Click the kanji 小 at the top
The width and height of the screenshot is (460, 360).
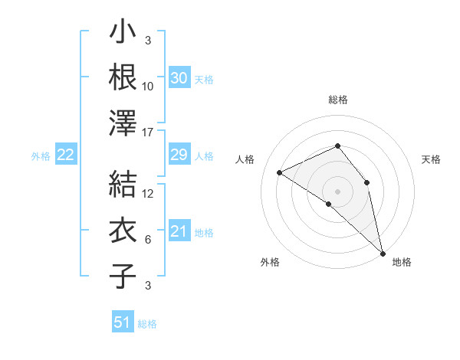[123, 33]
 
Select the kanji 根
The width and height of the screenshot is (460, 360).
[123, 77]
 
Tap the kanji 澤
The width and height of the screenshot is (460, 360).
[123, 123]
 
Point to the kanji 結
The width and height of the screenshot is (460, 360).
[123, 185]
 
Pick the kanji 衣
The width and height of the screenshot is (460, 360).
[123, 231]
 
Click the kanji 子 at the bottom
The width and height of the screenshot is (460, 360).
[123, 276]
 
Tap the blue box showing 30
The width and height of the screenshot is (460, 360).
[179, 78]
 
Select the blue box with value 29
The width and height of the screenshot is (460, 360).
[179, 155]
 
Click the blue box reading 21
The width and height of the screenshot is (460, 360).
[179, 231]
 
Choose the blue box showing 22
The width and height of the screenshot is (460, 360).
[65, 155]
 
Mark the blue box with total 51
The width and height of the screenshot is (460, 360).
[123, 322]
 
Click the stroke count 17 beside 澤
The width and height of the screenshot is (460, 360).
[149, 133]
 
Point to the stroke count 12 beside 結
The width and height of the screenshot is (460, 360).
[149, 194]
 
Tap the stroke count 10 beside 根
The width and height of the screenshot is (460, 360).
[149, 87]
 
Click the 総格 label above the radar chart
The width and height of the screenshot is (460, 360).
[337, 100]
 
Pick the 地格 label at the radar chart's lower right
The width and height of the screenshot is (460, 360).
[402, 262]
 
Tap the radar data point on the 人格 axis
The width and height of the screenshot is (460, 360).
[280, 172]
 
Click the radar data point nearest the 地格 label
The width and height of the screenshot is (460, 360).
[382, 252]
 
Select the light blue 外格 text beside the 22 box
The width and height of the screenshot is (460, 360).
[41, 155]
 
